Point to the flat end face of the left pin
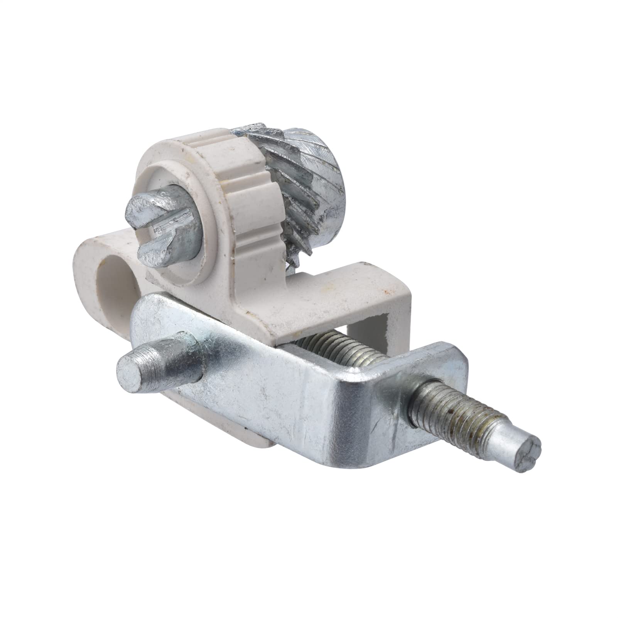[131, 371]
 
